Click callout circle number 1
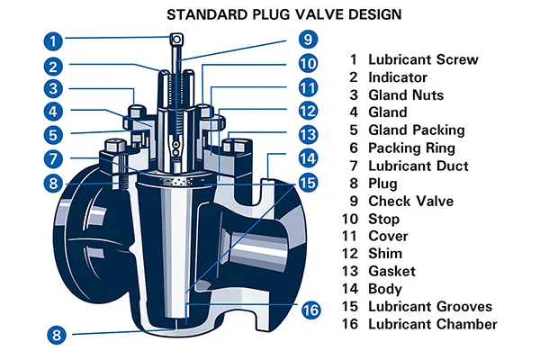(55, 40)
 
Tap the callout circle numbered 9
(307, 40)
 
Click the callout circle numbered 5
(55, 135)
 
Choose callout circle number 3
(55, 88)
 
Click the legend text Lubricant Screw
(423, 60)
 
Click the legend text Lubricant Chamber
(432, 324)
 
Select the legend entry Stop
(384, 219)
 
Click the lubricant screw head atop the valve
(176, 40)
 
